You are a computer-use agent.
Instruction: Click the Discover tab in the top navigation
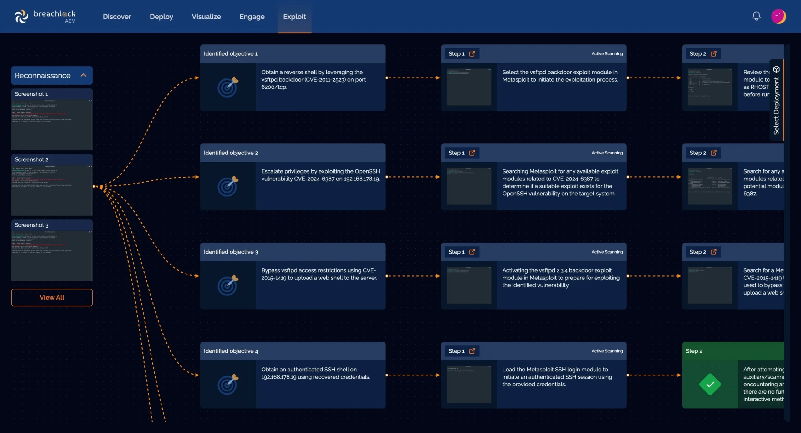117,17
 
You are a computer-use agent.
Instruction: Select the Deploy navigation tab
161,17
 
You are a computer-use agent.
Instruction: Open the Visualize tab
206,17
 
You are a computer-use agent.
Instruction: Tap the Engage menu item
252,17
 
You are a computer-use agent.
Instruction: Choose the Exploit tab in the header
294,17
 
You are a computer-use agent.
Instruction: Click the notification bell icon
756,16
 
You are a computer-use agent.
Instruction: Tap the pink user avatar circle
778,16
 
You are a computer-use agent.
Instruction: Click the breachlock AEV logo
45,16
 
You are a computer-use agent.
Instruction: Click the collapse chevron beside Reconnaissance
83,75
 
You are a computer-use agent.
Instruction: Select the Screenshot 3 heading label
31,225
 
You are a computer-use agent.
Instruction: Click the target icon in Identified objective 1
228,87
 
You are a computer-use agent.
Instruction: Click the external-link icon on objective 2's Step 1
472,153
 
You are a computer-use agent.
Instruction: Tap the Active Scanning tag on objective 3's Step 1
607,252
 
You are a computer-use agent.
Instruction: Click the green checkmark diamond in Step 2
710,384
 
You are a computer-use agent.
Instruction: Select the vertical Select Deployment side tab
776,100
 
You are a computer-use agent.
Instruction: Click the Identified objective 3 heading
231,252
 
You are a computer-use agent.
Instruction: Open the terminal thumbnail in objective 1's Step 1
469,87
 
